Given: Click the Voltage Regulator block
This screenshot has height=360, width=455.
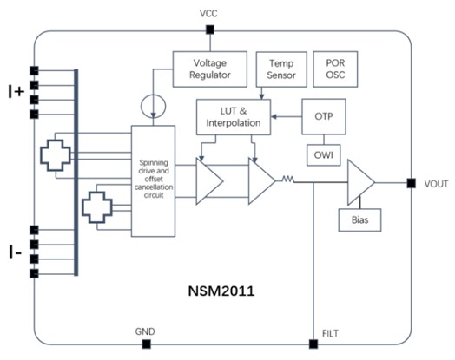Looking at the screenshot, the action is pyautogui.click(x=210, y=69).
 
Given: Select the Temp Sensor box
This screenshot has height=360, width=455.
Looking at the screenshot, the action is pyautogui.click(x=281, y=69).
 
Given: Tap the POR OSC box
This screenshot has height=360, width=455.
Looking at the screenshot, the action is pyautogui.click(x=335, y=69).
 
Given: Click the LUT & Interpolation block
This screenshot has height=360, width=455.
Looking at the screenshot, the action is pyautogui.click(x=234, y=117).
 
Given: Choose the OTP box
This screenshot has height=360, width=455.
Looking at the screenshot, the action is pyautogui.click(x=324, y=116).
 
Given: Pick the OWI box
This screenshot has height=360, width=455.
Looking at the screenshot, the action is pyautogui.click(x=324, y=155).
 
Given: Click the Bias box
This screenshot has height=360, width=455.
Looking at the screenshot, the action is pyautogui.click(x=359, y=220).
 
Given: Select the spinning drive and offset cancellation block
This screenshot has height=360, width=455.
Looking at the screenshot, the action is pyautogui.click(x=153, y=181).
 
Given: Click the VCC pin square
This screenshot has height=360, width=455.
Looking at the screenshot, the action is pyautogui.click(x=210, y=29).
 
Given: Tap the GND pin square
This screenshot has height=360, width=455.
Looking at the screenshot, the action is pyautogui.click(x=146, y=344).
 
